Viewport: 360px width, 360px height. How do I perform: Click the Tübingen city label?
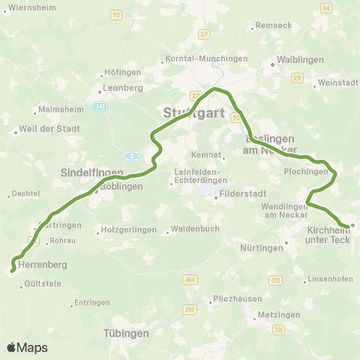(126, 332)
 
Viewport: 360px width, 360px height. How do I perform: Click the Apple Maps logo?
(27, 347)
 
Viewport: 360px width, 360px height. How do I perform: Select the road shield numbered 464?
(189, 280)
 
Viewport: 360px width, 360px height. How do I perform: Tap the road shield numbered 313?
(275, 280)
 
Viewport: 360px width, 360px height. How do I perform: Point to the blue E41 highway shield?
(100, 106)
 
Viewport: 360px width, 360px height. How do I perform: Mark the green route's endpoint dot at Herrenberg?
(13, 271)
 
